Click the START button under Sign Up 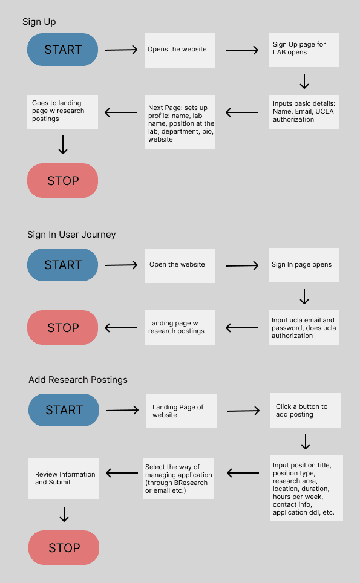tap(62, 50)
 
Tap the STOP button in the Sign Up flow tap(62, 180)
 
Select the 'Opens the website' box tap(180, 51)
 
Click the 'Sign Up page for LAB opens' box tap(304, 50)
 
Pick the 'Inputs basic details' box tap(304, 112)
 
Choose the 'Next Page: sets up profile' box tap(180, 122)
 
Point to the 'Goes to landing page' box tap(62, 112)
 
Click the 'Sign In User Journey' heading tap(71, 235)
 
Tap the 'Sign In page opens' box tap(304, 265)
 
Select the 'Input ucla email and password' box tap(304, 328)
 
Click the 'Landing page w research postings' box tap(180, 328)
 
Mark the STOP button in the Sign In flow tap(62, 328)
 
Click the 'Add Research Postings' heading tap(78, 380)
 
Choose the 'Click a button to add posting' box tap(306, 410)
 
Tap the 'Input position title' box tap(306, 488)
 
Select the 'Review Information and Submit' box tap(64, 478)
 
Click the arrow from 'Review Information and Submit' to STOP tap(64, 514)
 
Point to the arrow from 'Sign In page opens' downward tap(304, 297)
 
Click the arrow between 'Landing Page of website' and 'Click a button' tap(244, 411)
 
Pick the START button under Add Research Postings tap(64, 410)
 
